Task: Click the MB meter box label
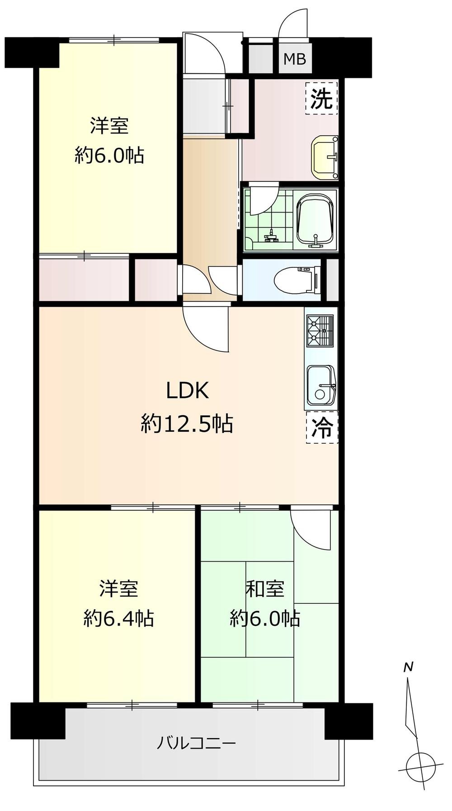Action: (x=295, y=59)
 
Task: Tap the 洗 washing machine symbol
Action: (x=322, y=98)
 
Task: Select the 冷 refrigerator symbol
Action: (x=322, y=427)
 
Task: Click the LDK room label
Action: (x=188, y=391)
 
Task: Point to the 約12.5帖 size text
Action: (x=187, y=424)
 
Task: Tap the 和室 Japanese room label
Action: (x=265, y=589)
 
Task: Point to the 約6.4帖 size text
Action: (x=118, y=618)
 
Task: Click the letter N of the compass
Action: (x=409, y=667)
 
